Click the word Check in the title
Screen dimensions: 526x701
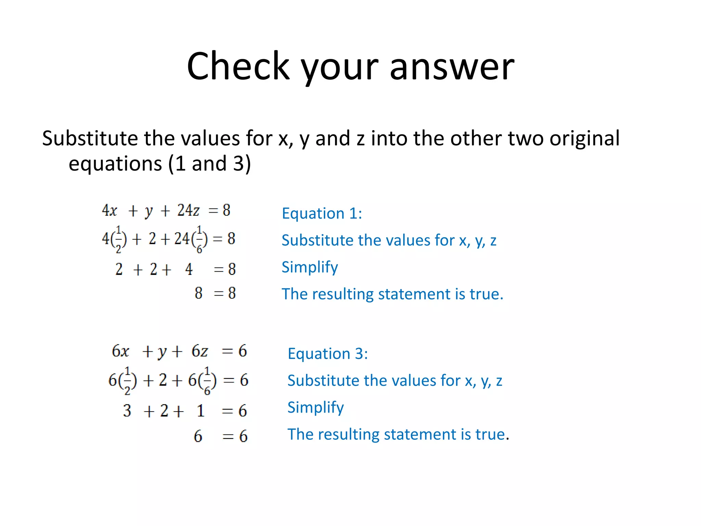pyautogui.click(x=238, y=66)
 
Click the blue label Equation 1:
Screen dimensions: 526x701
pyautogui.click(x=322, y=214)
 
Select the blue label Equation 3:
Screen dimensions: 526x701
pyautogui.click(x=328, y=354)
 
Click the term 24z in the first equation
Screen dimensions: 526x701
pyautogui.click(x=188, y=210)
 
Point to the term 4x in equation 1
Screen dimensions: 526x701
pyautogui.click(x=110, y=210)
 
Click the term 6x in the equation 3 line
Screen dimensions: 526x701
pyautogui.click(x=120, y=351)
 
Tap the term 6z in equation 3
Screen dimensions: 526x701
pyautogui.click(x=200, y=351)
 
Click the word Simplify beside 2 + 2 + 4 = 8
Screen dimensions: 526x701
pyautogui.click(x=310, y=267)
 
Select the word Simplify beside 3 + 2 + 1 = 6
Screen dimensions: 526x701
pyautogui.click(x=316, y=408)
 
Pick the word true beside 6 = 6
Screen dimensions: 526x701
pyautogui.click(x=490, y=434)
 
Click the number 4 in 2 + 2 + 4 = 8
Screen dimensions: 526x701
pyautogui.click(x=189, y=269)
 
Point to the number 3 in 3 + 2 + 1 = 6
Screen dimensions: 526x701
pyautogui.click(x=127, y=410)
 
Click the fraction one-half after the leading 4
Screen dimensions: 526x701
pyautogui.click(x=118, y=239)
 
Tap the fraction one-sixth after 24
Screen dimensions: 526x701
pyautogui.click(x=199, y=239)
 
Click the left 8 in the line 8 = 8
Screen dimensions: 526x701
pyautogui.click(x=199, y=293)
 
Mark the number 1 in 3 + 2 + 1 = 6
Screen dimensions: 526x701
pyautogui.click(x=201, y=410)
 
